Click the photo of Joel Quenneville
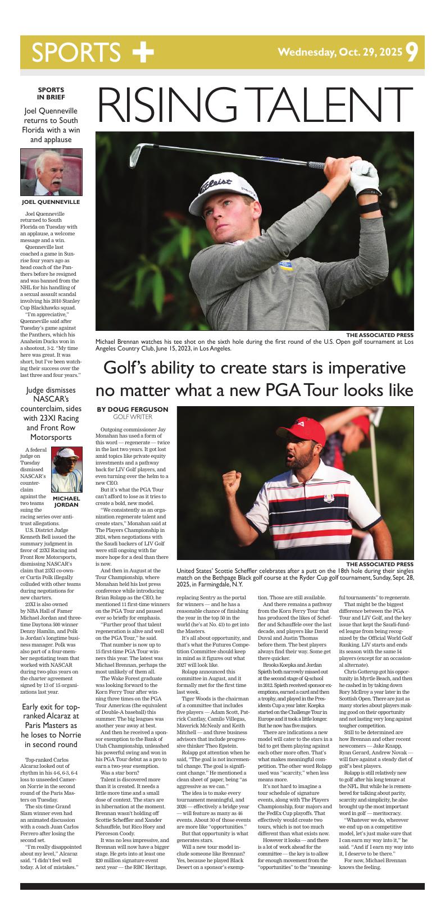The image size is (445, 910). point(51,172)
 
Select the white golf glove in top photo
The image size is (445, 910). point(367,175)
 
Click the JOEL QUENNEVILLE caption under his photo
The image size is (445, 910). point(51,202)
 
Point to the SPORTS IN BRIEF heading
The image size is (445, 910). point(51,93)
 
